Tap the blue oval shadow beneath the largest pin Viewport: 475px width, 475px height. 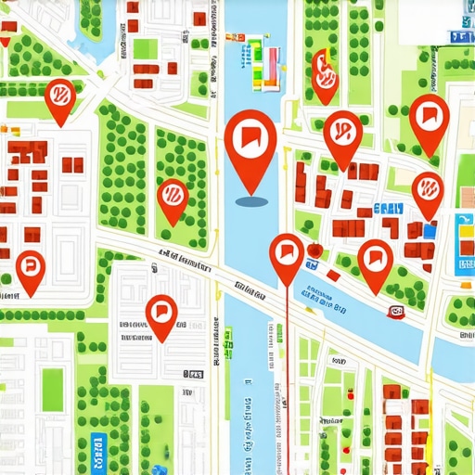click(x=250, y=199)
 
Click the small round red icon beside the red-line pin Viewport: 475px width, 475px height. click(x=314, y=250)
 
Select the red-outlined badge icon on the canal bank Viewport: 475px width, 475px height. click(x=396, y=312)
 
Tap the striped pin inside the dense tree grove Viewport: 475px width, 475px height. click(x=172, y=197)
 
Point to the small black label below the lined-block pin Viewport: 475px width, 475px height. click(x=193, y=374)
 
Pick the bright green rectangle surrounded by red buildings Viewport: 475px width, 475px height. click(x=147, y=48)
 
